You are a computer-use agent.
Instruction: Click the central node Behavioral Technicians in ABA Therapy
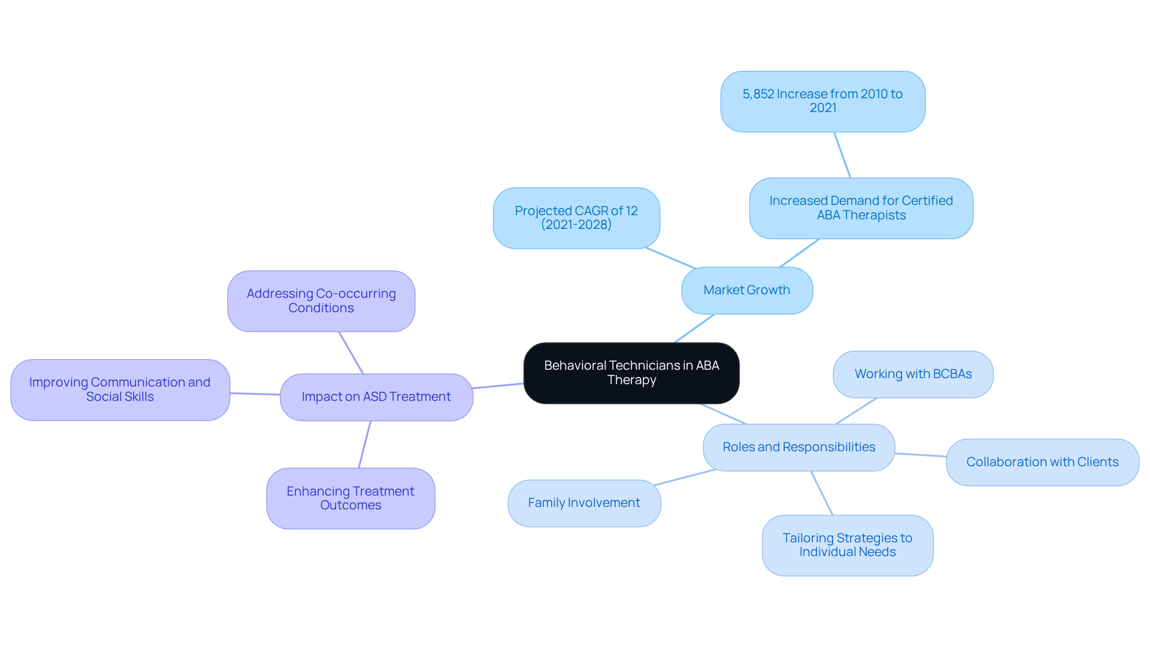point(631,373)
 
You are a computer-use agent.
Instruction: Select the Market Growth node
point(747,290)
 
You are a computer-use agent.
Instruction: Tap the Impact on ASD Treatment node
point(376,397)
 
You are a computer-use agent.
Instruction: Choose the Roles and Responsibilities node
point(798,447)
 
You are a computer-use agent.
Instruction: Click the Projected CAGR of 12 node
point(576,218)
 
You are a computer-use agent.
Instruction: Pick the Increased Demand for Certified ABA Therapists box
point(861,208)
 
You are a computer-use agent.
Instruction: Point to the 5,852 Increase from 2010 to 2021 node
point(822,101)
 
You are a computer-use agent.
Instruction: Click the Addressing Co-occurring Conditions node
point(321,301)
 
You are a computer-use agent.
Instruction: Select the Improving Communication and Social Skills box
point(120,390)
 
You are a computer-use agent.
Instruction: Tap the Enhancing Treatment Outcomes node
point(350,498)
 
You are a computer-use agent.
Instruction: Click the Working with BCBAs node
point(913,374)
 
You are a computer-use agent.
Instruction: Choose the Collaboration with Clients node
point(1042,462)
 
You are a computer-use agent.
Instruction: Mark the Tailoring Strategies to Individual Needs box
point(847,545)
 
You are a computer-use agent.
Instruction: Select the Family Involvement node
point(584,503)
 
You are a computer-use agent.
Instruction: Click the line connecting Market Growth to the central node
point(694,328)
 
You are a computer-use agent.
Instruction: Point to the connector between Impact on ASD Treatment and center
point(498,386)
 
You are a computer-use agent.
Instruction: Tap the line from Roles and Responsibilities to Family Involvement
point(685,477)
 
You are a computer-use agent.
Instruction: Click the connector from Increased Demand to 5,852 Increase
point(842,155)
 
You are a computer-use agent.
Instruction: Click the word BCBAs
point(952,374)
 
